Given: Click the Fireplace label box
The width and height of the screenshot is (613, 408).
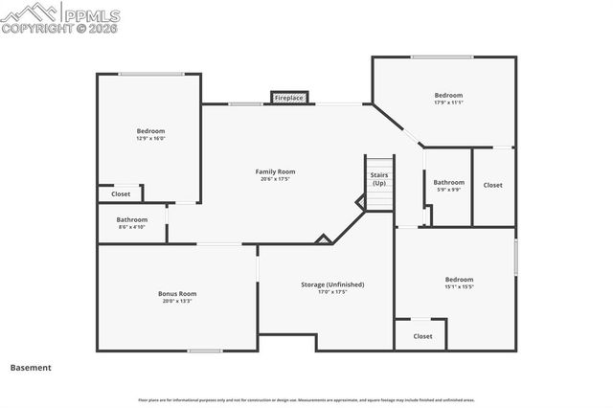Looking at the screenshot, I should point(289,98).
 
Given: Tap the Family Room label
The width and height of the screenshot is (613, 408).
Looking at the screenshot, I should point(275,172).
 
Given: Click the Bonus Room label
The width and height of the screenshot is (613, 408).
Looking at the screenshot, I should point(177,293).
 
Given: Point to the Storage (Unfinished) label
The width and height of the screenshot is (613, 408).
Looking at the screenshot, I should point(332,284).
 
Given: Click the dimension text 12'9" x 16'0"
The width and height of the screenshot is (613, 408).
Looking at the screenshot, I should point(150,138).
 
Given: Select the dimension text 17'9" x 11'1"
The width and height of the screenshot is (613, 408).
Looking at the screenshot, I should point(448,102).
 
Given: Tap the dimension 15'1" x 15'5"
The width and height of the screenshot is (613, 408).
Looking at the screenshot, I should point(459,286).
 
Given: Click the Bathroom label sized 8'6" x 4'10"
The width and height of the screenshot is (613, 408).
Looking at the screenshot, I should point(132,219).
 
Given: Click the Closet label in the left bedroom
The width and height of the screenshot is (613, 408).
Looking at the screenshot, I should point(121,193).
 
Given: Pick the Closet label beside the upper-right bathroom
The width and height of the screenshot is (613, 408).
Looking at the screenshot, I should point(492,185).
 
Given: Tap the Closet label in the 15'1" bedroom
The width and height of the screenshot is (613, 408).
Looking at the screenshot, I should point(422,336).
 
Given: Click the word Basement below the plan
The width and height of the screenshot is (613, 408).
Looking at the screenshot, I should point(31,367).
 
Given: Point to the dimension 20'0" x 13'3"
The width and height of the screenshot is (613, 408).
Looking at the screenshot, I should point(177,301).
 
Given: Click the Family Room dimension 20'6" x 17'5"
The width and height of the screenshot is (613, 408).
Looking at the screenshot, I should point(275,179).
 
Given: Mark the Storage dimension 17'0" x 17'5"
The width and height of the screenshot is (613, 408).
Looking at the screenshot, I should point(332,292).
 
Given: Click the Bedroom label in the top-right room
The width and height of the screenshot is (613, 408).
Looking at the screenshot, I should point(448,95).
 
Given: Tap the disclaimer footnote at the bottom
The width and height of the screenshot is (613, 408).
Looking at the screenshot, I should point(306,399).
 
